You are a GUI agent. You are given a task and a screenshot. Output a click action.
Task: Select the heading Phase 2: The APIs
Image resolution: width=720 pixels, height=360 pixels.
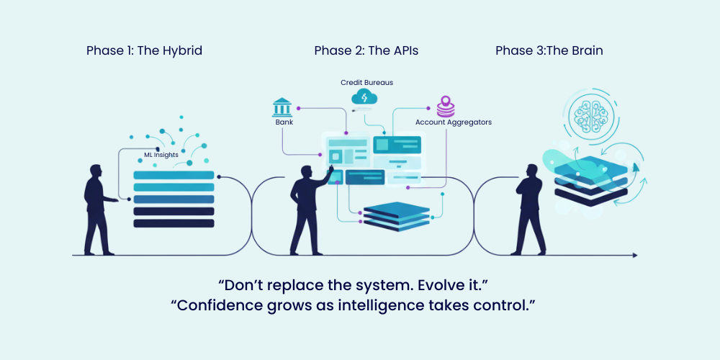366,51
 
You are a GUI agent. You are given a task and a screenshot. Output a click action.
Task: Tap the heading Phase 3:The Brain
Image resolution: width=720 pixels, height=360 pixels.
549,51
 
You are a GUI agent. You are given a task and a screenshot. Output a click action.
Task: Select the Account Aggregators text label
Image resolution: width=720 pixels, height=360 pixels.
453,122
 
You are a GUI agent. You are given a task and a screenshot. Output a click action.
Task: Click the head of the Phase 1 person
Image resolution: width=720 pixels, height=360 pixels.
96,171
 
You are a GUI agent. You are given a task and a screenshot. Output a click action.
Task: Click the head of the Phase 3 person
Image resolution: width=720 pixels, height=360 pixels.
532,171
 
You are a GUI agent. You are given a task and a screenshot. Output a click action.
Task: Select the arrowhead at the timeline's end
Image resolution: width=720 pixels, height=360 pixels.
634,256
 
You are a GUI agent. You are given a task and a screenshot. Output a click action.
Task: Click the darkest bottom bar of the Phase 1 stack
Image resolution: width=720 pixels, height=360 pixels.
174,223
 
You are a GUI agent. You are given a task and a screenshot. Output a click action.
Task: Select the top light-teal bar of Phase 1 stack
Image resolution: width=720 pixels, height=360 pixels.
174,175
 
